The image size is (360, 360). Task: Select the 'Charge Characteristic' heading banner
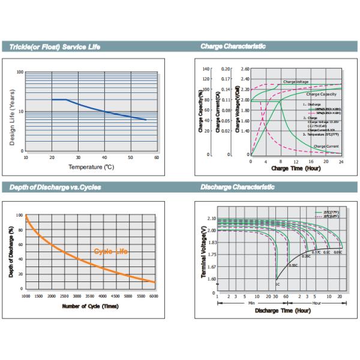233,46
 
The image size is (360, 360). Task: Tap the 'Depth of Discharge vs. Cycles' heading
55,187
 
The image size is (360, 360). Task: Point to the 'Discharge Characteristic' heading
238,187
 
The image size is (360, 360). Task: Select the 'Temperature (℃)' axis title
91,167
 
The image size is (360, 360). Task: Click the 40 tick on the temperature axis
104,157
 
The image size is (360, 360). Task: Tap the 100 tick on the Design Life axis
20,73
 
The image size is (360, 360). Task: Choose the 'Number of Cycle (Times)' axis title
91,307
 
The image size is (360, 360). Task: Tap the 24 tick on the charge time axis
341,162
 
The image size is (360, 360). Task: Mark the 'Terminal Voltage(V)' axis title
205,251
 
